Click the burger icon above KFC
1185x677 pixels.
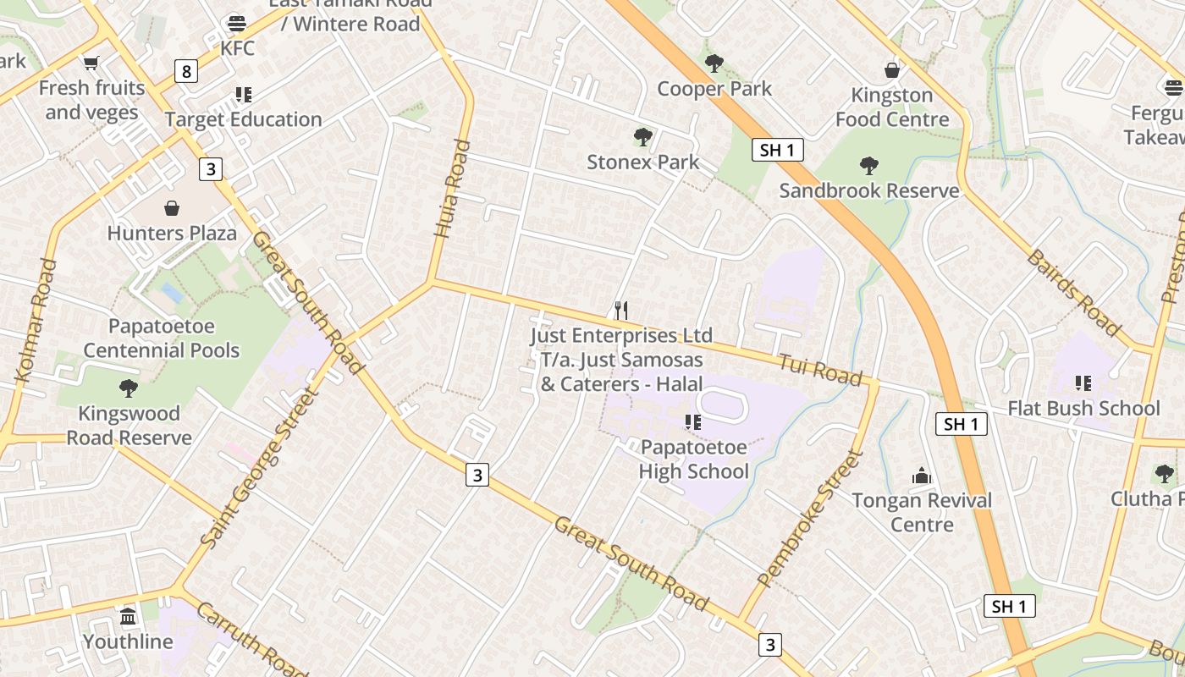[237, 23]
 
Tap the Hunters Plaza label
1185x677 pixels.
[172, 233]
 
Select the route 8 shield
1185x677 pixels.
[186, 71]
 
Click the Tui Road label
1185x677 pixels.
[819, 370]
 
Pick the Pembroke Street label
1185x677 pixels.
[810, 520]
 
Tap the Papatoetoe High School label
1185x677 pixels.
[693, 460]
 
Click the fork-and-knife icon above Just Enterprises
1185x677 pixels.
[621, 310]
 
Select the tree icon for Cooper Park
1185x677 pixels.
[714, 63]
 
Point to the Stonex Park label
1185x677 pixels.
[643, 162]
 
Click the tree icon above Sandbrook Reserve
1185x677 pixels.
[868, 165]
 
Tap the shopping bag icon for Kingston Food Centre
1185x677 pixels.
[891, 69]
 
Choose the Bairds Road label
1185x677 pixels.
[1073, 292]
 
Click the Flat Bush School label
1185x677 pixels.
[1083, 409]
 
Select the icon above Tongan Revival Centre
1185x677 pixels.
[922, 476]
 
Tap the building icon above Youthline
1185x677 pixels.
[128, 616]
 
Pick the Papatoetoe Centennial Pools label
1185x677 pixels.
[162, 338]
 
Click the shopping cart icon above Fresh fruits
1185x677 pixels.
[91, 63]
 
